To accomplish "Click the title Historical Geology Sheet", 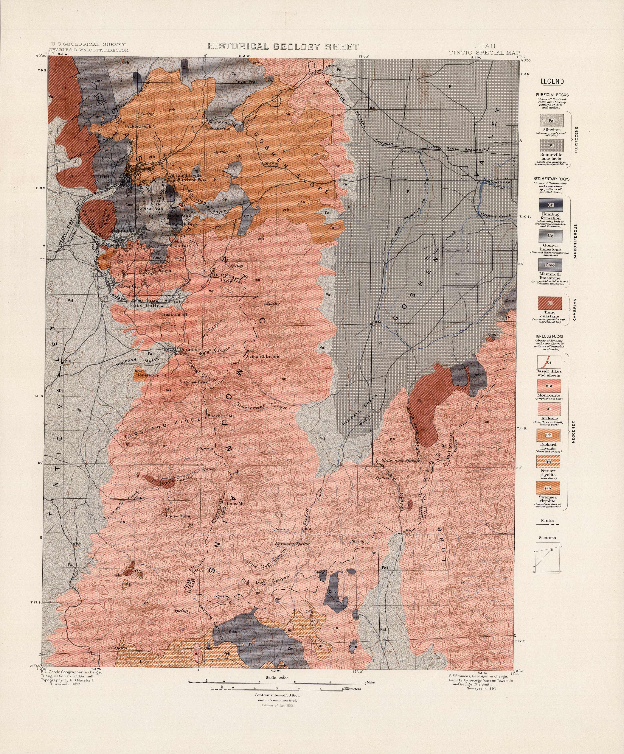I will [x=283, y=47].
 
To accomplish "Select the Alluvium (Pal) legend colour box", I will [x=552, y=121].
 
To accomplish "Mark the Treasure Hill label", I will [x=175, y=315].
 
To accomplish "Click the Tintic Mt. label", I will [x=235, y=504].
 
